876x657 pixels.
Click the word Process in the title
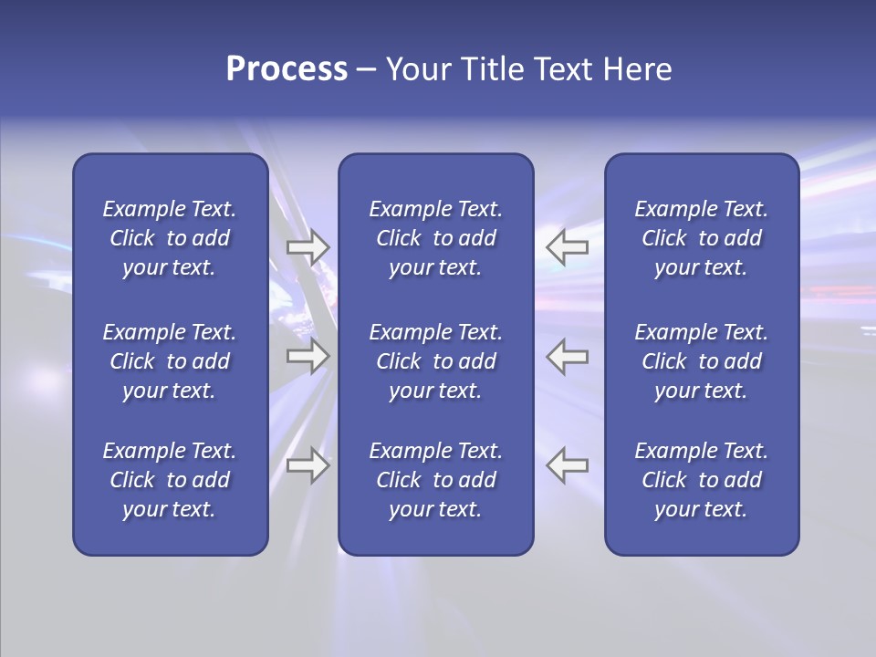pos(287,69)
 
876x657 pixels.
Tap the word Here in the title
pos(637,69)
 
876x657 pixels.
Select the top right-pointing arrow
pos(308,246)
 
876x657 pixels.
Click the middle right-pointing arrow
pos(308,356)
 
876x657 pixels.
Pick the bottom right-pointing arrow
pos(308,464)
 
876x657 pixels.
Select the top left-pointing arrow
pos(568,246)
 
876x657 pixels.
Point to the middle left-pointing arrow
pos(568,356)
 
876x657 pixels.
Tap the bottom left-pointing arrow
pos(568,464)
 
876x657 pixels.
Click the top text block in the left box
pos(170,238)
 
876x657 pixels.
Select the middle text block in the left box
pos(170,361)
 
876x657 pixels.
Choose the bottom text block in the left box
pos(170,480)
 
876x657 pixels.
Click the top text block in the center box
pos(435,238)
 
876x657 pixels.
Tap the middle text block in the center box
pos(435,361)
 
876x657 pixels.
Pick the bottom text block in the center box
pos(435,480)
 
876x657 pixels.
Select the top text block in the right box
pos(701,238)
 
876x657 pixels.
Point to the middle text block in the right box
pos(701,361)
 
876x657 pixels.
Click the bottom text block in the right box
pos(701,480)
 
